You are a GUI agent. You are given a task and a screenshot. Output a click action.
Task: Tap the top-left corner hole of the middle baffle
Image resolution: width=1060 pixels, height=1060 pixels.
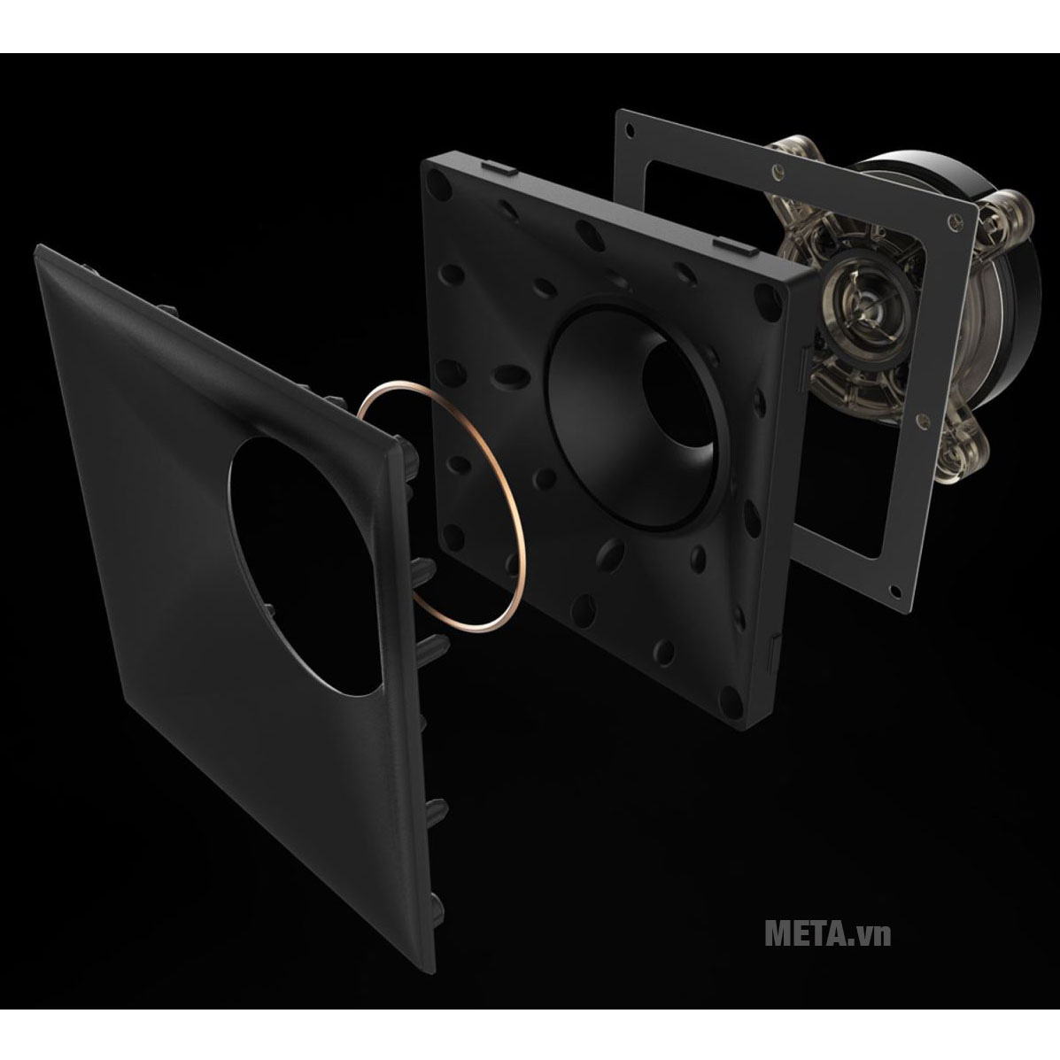click(437, 182)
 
